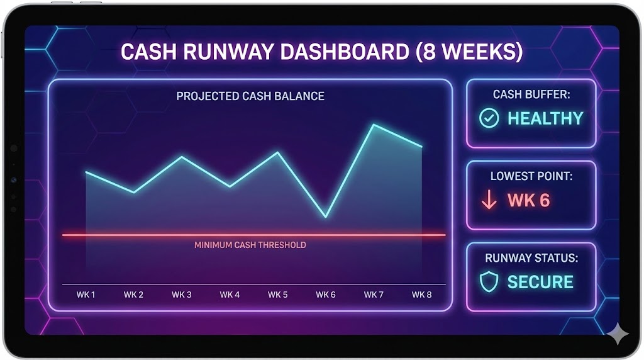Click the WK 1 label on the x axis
(x=86, y=295)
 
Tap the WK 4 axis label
(x=230, y=295)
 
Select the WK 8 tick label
(x=421, y=295)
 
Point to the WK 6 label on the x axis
(x=326, y=295)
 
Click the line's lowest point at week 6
(x=326, y=217)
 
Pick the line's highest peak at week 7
(x=374, y=125)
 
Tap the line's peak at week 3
(x=182, y=157)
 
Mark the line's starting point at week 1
(x=86, y=172)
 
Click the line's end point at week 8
(x=421, y=147)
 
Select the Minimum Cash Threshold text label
(x=250, y=245)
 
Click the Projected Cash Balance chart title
(x=250, y=96)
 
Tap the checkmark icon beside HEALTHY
(x=489, y=118)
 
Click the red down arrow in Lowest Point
(x=489, y=200)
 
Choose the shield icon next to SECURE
(x=489, y=282)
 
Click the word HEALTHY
(x=545, y=118)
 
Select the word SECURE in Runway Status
(x=540, y=282)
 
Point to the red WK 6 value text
(x=528, y=200)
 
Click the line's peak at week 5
(x=278, y=152)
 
